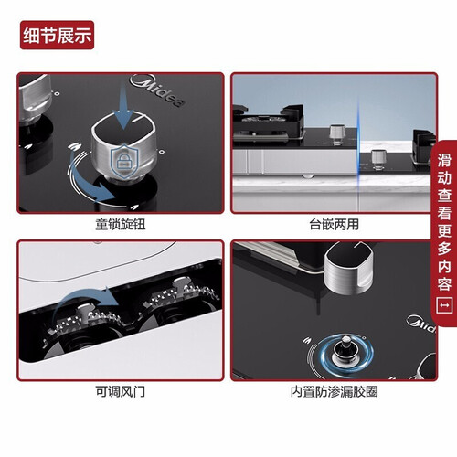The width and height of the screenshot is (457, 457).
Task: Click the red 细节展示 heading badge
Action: click(57, 35)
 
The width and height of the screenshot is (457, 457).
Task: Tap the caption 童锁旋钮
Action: click(121, 225)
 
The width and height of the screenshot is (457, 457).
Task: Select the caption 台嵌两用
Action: click(335, 225)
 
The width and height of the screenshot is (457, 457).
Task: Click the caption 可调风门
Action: click(121, 391)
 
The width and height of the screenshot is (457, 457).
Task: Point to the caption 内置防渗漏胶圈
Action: click(335, 391)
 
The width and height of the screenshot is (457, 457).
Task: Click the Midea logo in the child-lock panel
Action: click(157, 90)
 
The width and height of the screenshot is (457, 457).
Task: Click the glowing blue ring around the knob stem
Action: click(346, 354)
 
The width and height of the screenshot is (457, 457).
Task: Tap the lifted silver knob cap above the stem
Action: click(349, 268)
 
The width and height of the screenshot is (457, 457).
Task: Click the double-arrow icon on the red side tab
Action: click(444, 305)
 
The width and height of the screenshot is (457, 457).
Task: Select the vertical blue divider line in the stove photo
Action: click(358, 153)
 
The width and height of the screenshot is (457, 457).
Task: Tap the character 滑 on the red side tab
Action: click(444, 160)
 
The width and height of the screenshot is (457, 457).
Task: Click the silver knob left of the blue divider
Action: click(336, 134)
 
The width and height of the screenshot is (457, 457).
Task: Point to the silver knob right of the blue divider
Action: click(378, 159)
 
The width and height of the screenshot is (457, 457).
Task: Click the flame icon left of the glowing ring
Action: click(307, 340)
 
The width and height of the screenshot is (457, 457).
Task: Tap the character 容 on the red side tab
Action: click(444, 284)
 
